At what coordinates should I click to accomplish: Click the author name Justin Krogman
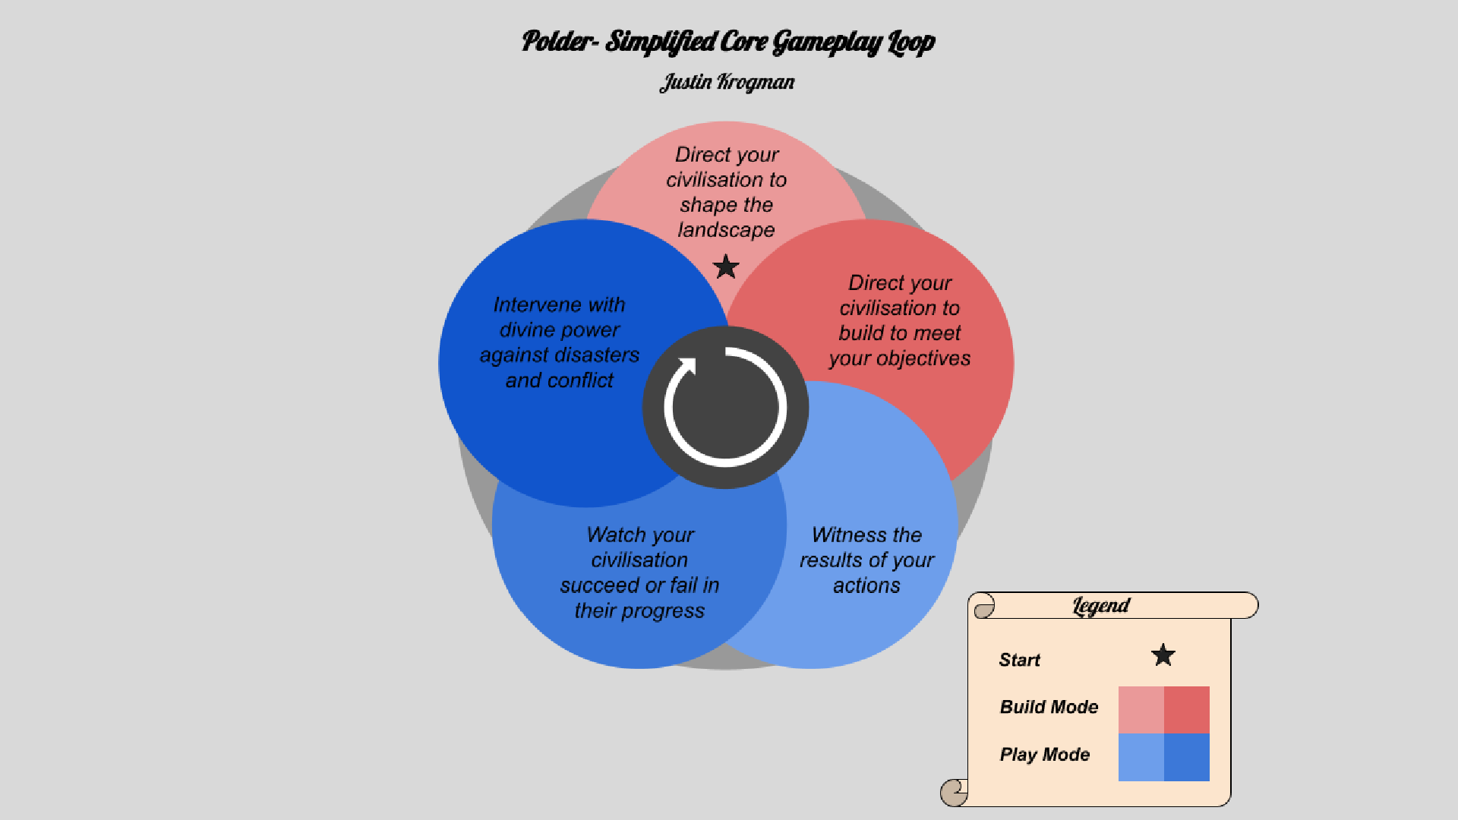tap(727, 82)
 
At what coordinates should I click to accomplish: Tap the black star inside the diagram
tap(726, 266)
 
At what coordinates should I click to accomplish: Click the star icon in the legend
tap(1163, 654)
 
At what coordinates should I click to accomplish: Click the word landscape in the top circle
tap(726, 230)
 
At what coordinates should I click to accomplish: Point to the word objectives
tap(923, 358)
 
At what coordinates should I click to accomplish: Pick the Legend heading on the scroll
tap(1101, 606)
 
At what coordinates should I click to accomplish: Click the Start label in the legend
tap(1019, 660)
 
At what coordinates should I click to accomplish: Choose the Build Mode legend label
tap(1049, 707)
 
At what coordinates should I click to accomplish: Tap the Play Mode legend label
tap(1044, 755)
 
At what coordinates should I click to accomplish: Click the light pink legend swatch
tap(1141, 710)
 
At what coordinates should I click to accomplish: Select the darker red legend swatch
tap(1187, 710)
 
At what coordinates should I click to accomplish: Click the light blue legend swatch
tap(1141, 757)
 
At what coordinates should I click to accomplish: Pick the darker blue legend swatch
tap(1187, 757)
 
